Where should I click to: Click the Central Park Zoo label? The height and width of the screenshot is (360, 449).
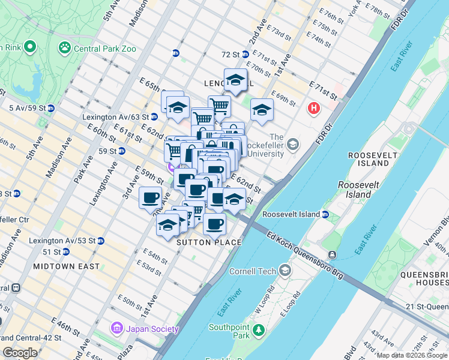[x=104, y=48]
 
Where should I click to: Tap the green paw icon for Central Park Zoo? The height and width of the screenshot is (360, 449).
[x=64, y=47]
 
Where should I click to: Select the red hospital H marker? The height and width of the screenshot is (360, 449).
[x=313, y=109]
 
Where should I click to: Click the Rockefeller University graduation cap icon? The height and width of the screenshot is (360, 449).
[x=293, y=144]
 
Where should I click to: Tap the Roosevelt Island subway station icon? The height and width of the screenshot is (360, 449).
[x=325, y=214]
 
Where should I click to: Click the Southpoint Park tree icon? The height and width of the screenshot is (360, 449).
[x=259, y=330]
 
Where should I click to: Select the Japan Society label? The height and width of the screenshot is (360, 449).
[x=152, y=329]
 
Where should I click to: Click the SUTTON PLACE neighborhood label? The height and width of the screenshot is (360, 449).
[x=209, y=242]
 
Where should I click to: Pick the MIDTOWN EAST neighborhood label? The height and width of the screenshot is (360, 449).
[x=66, y=266]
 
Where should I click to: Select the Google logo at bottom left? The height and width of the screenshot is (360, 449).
[x=20, y=353]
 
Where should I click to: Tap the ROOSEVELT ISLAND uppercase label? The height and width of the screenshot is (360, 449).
[x=372, y=159]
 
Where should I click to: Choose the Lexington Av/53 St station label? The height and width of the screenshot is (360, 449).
[x=67, y=241]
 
